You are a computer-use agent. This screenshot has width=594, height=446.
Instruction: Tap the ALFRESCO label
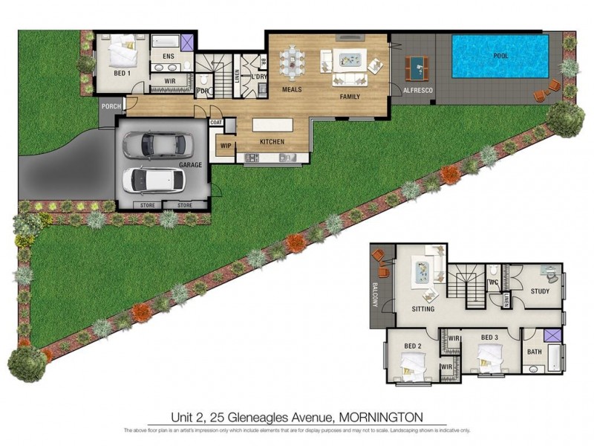(x=418, y=90)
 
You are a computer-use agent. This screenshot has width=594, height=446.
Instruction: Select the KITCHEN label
(x=272, y=140)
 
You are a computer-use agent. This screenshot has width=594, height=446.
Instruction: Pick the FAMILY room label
(x=350, y=97)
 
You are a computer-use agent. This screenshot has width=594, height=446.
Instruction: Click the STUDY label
(x=540, y=291)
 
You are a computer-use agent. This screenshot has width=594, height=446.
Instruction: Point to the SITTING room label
(x=423, y=308)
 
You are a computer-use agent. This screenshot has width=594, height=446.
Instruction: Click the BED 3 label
(x=489, y=338)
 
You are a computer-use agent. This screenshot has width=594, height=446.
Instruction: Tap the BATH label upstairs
(x=535, y=352)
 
